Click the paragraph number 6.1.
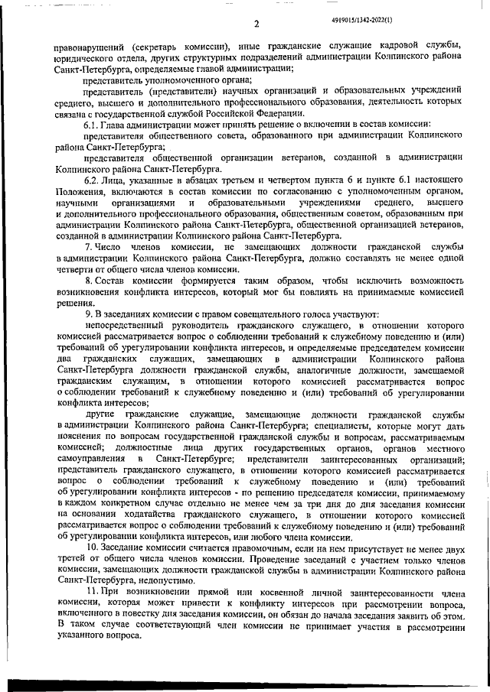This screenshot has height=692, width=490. click(92, 124)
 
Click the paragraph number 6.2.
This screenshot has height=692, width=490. click(92, 180)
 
